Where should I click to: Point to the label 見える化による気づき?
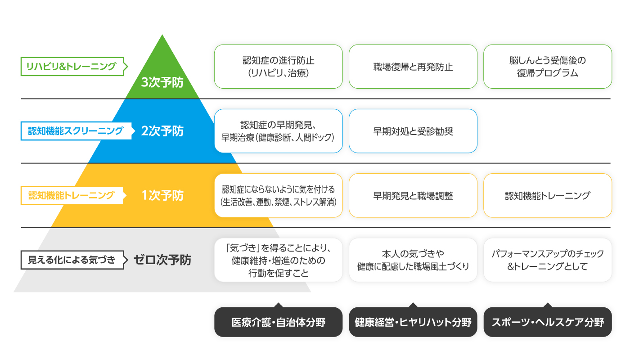click(74, 260)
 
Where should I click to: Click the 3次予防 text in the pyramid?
click(162, 82)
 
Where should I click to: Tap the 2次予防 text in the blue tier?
click(162, 131)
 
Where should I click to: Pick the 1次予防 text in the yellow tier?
click(162, 195)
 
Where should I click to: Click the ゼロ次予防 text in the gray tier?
click(162, 260)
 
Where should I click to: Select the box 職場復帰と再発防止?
click(413, 67)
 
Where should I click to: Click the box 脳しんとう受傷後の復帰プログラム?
click(548, 67)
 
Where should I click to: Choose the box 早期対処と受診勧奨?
click(413, 131)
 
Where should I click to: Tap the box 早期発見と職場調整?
click(413, 195)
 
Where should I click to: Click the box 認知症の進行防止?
click(279, 67)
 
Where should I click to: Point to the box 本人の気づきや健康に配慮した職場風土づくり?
click(413, 260)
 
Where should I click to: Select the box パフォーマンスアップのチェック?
click(548, 260)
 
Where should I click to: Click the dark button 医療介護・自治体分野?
click(279, 322)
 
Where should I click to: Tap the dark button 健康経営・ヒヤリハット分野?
click(413, 322)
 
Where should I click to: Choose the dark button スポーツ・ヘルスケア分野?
click(548, 322)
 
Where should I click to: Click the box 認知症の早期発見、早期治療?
click(279, 131)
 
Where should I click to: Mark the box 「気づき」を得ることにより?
click(279, 260)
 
